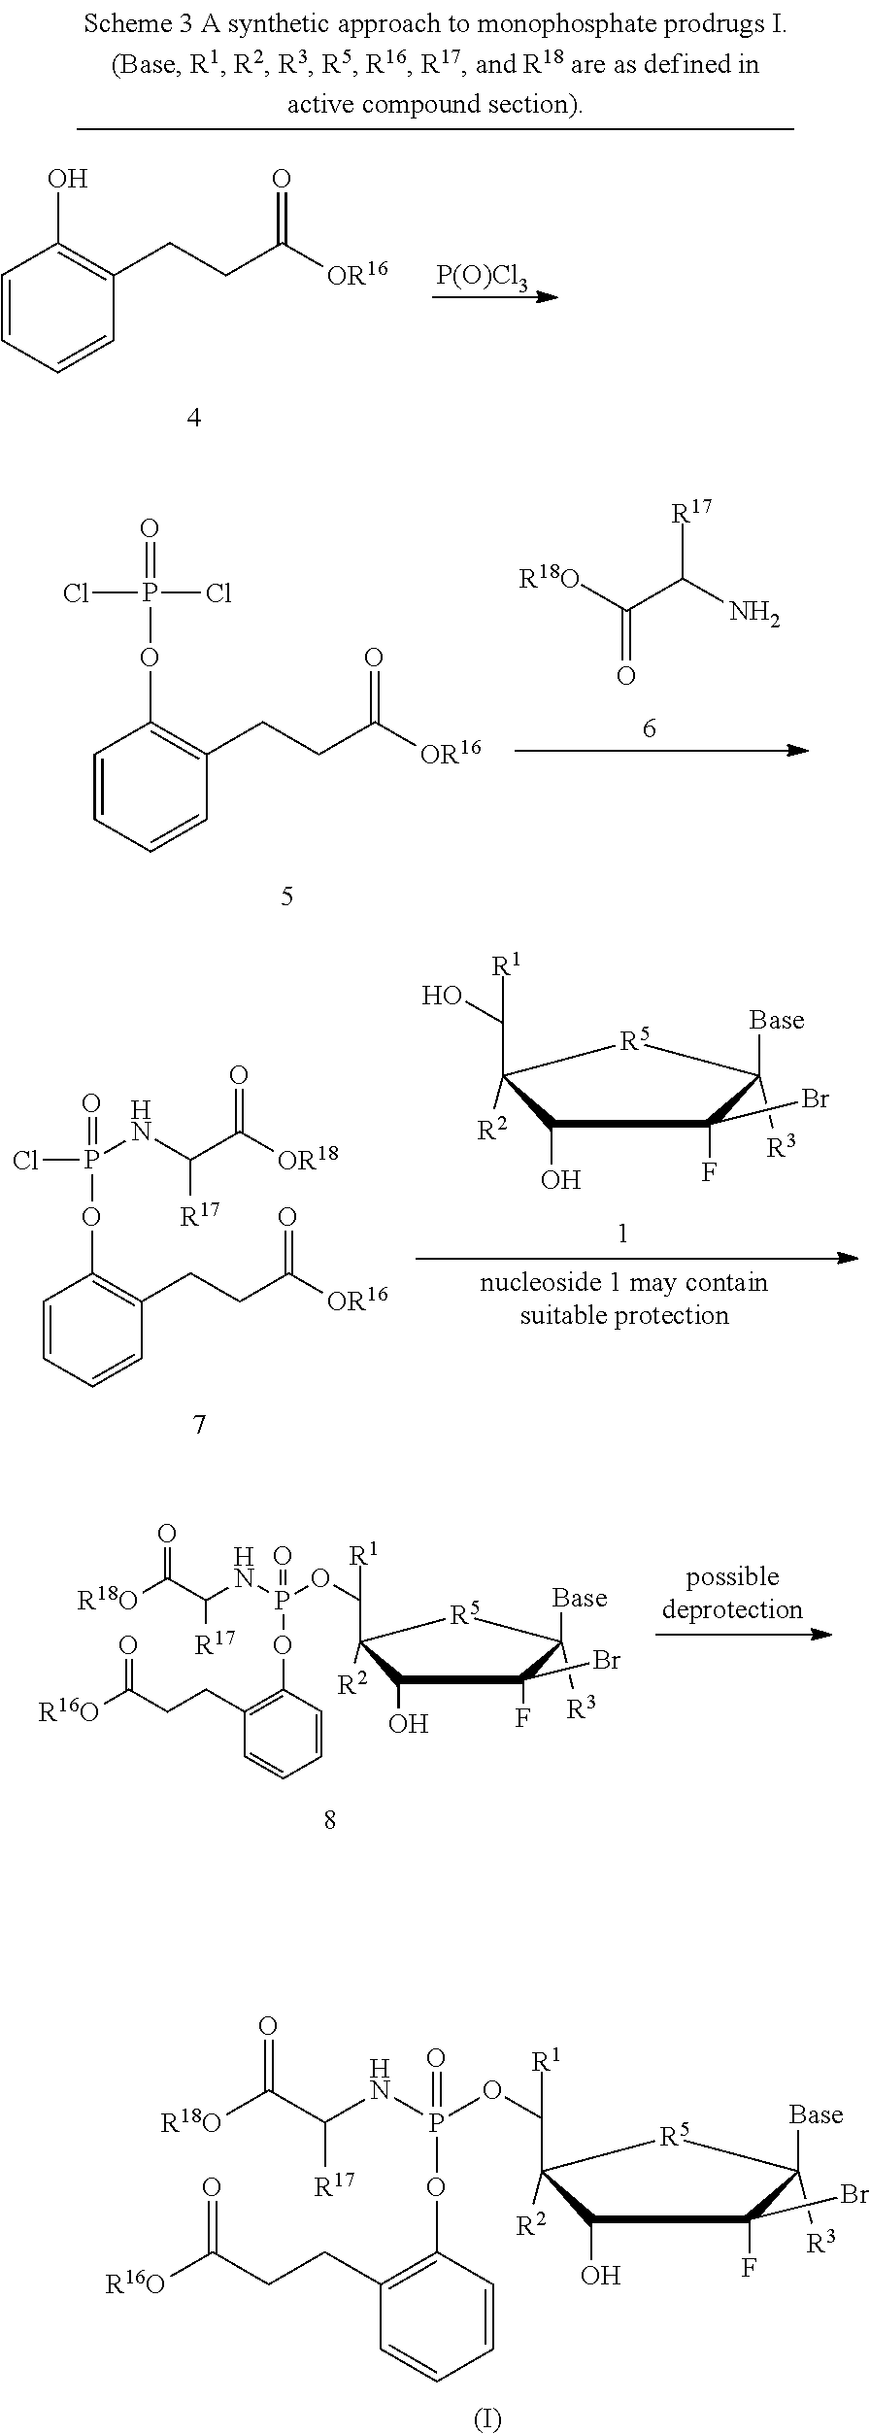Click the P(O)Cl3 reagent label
click(481, 276)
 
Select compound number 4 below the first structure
click(194, 418)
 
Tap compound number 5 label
click(286, 896)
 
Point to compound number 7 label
click(199, 1425)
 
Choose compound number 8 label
click(330, 1819)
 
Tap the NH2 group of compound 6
click(754, 613)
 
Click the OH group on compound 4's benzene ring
click(67, 179)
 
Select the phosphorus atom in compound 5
click(149, 592)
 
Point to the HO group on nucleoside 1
click(441, 996)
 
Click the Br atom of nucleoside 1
click(815, 1099)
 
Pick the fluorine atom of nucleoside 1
click(709, 1172)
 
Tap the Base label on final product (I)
click(816, 2114)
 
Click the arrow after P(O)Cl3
click(495, 296)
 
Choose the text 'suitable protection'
click(623, 1315)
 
